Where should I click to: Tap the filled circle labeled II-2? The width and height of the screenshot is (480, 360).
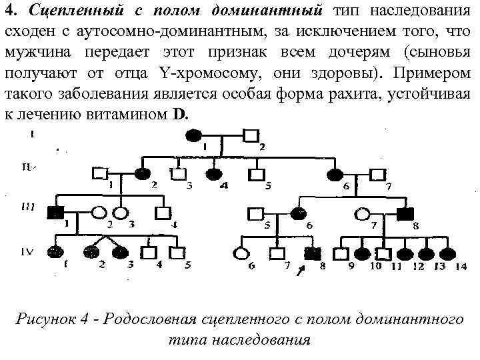click(142, 173)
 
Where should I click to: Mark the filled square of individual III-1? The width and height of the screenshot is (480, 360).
click(55, 213)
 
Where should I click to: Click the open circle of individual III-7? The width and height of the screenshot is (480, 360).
click(363, 214)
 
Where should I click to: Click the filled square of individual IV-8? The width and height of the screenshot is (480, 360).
click(310, 253)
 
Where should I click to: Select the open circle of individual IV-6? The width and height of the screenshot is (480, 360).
click(240, 253)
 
